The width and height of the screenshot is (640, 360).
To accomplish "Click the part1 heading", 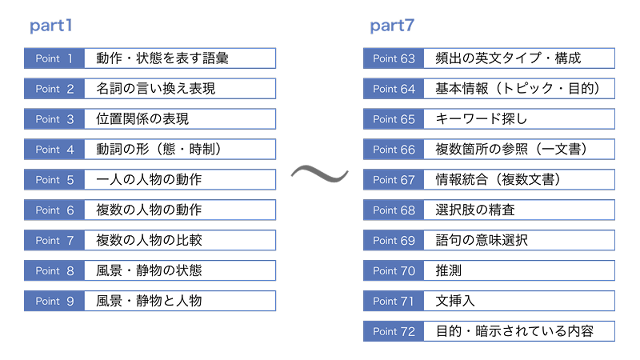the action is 51,26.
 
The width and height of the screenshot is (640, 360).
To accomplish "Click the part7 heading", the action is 392,26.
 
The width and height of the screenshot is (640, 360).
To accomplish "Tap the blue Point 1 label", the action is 54,58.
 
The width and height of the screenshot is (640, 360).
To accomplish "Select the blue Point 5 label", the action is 54,179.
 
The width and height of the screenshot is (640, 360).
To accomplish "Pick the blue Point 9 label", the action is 54,301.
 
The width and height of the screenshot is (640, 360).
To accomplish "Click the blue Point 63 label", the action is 394,58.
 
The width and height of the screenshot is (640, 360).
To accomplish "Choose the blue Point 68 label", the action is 394,210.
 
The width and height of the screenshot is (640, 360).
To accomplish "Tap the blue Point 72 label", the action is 394,331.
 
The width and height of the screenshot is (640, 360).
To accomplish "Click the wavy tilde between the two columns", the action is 319,173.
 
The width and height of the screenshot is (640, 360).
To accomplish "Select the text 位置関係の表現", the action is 142,118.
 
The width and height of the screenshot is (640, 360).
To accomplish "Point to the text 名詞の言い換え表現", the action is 155,89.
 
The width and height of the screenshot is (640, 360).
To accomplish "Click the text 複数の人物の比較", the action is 149,240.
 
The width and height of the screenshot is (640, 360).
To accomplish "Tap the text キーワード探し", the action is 482,118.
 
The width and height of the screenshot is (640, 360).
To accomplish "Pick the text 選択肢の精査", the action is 475,210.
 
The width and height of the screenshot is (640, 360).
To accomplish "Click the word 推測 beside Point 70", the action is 449,270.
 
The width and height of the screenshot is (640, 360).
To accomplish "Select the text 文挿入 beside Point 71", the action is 455,301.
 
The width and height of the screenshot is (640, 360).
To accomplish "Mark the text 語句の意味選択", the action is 482,240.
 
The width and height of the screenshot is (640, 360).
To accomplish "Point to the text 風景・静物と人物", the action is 149,301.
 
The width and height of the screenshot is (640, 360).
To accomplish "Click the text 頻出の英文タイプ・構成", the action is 508,58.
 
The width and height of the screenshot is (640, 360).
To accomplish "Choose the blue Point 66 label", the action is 394,150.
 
